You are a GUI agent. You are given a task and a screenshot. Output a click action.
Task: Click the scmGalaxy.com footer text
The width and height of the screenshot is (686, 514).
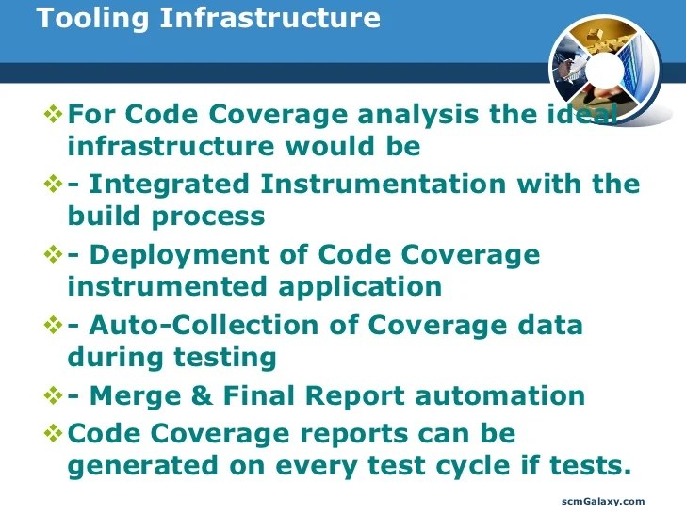coord(603,501)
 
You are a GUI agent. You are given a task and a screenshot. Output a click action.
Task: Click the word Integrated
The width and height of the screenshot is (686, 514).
coord(166,184)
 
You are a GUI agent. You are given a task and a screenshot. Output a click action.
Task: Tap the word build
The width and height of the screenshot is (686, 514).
coord(105,216)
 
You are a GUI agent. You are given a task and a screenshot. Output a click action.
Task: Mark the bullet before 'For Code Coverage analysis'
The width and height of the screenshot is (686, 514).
coord(54,115)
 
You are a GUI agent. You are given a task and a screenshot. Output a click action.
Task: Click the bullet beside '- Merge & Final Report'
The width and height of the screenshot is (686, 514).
coord(54,395)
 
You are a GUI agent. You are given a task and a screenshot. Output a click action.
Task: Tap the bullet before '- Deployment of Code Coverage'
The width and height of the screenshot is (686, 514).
coord(54,254)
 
